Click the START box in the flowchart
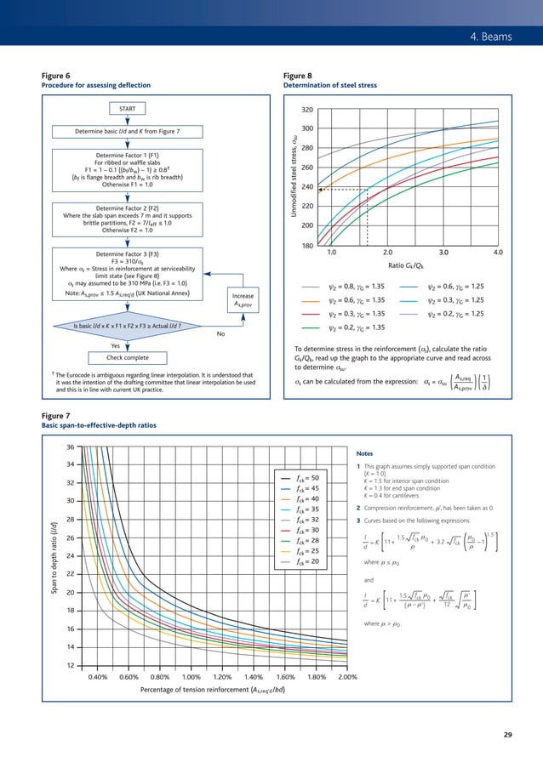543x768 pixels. [x=127, y=109]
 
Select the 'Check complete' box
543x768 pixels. [x=126, y=357]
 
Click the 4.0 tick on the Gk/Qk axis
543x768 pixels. [x=498, y=253]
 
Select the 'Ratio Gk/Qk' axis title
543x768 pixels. [x=415, y=265]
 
